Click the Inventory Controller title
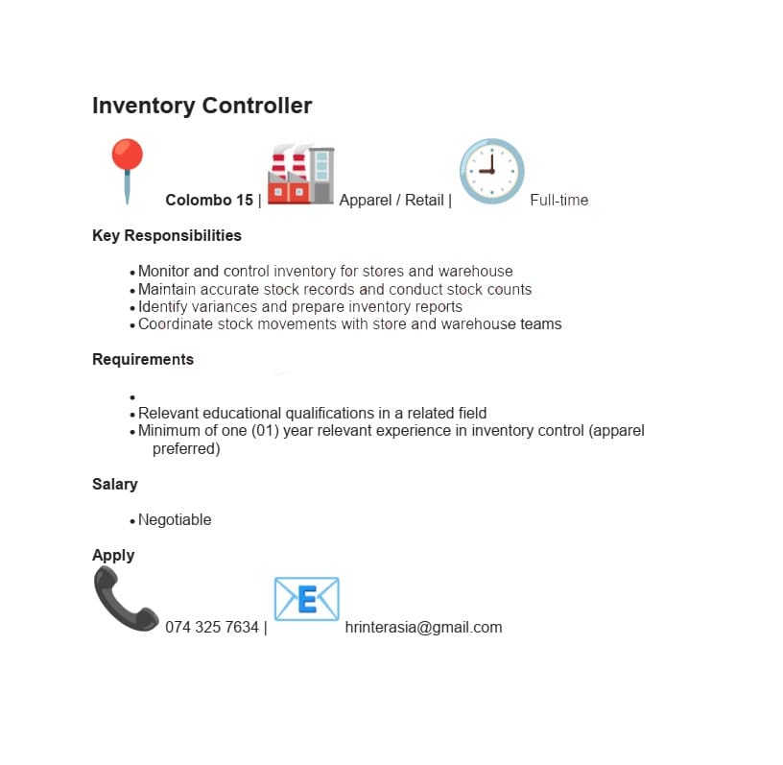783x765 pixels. pyautogui.click(x=202, y=106)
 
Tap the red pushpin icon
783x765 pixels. pyautogui.click(x=127, y=170)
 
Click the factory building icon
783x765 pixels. pyautogui.click(x=300, y=174)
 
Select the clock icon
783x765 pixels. pyautogui.click(x=491, y=171)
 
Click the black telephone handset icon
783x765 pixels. pyautogui.click(x=125, y=599)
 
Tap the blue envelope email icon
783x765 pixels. pyautogui.click(x=306, y=599)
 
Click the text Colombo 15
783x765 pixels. pyautogui.click(x=209, y=200)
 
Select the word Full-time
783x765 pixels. pyautogui.click(x=558, y=200)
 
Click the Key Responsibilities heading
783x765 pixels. pyautogui.click(x=167, y=235)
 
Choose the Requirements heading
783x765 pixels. pyautogui.click(x=143, y=359)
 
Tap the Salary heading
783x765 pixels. pyautogui.click(x=115, y=484)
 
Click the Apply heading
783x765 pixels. pyautogui.click(x=113, y=555)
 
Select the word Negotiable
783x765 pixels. pyautogui.click(x=175, y=519)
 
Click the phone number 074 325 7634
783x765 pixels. pyautogui.click(x=212, y=627)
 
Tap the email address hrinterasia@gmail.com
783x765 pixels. pyautogui.click(x=423, y=627)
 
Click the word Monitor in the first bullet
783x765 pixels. pyautogui.click(x=164, y=271)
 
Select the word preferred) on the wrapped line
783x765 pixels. pyautogui.click(x=186, y=448)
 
